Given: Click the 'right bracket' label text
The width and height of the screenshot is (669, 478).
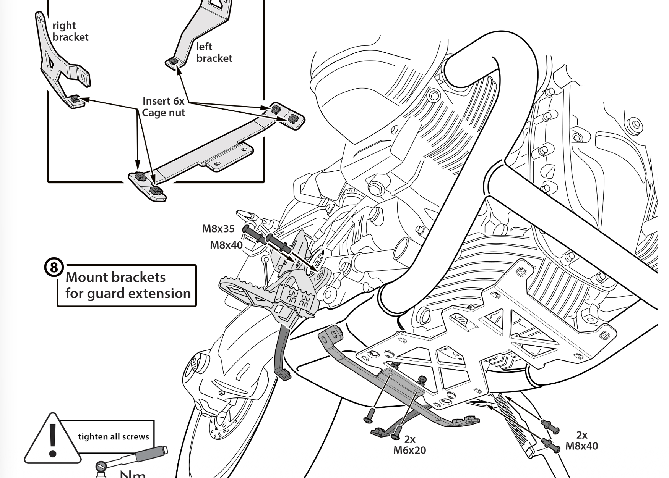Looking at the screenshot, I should [70, 31].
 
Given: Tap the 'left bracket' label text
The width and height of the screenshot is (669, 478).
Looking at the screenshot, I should [214, 52].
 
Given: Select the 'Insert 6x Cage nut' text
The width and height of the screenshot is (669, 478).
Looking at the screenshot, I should [163, 107].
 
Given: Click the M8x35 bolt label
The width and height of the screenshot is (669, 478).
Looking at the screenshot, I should [218, 229].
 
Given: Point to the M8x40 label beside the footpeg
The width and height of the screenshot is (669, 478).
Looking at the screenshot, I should [226, 245].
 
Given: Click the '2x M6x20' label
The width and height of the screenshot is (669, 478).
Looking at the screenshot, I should [409, 445].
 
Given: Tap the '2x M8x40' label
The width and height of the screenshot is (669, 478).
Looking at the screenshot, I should [581, 441].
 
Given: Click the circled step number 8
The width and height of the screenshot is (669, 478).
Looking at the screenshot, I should [54, 268].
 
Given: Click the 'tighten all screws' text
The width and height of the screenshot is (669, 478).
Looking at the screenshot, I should [114, 437].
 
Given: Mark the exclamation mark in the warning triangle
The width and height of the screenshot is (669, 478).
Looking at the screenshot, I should [53, 439].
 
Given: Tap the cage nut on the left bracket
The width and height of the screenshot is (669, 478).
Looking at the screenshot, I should [173, 61].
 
